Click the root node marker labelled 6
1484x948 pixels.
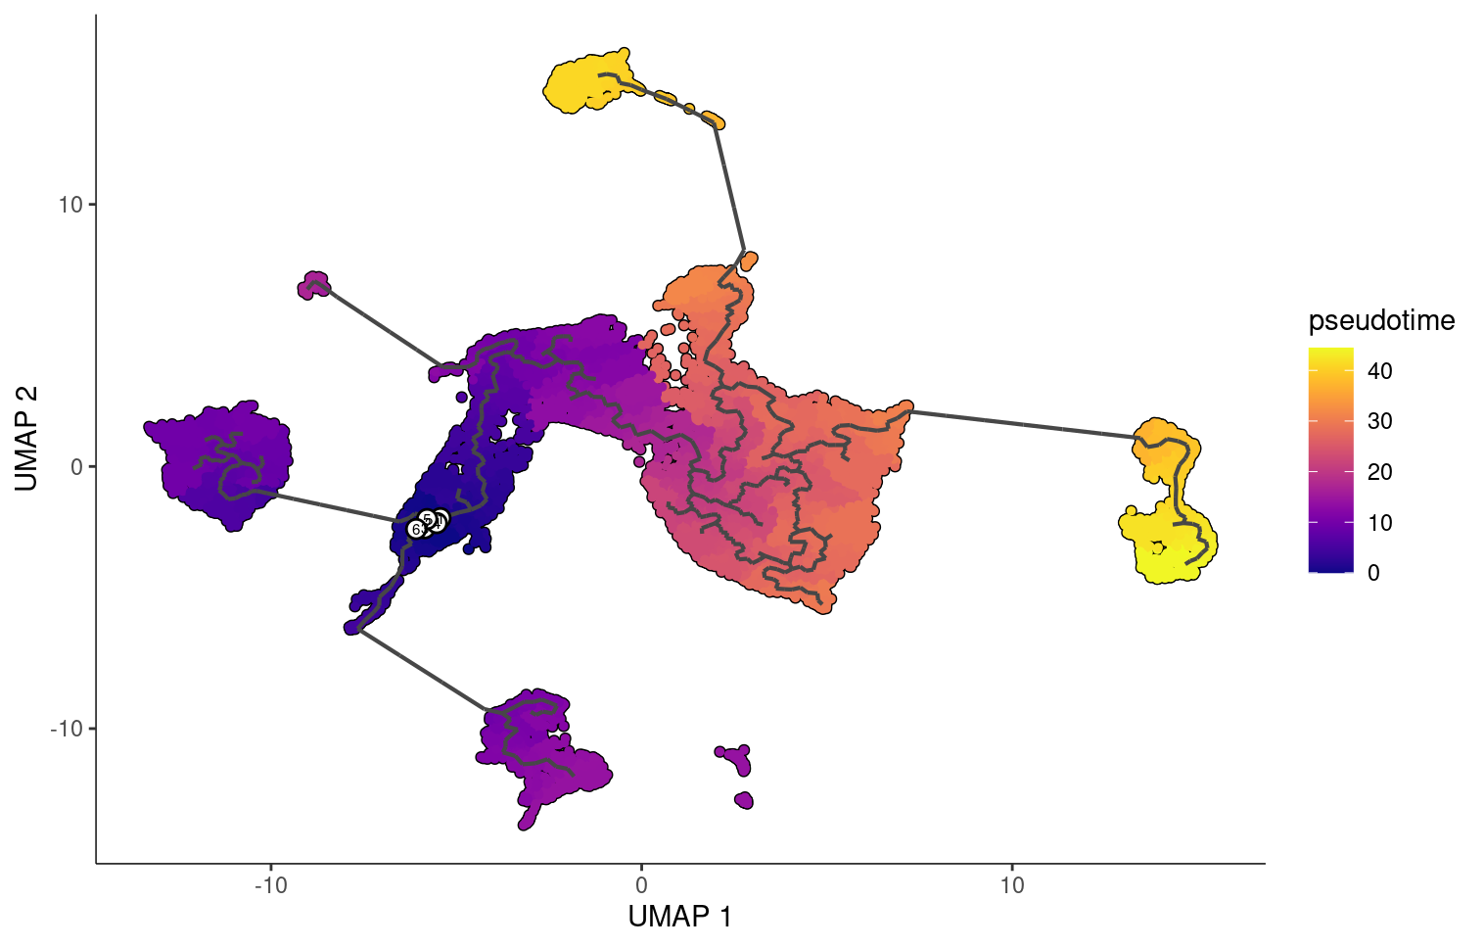tap(415, 529)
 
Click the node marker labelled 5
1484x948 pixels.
tap(427, 518)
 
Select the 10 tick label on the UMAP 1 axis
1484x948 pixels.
tap(1012, 885)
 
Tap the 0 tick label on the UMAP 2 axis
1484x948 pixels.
tap(76, 466)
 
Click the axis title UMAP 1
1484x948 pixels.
tap(679, 917)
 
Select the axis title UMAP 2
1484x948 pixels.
tap(26, 438)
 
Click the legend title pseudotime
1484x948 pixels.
tap(1381, 320)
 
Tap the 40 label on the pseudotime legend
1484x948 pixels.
tap(1379, 371)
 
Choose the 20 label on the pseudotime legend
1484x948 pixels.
tap(1379, 472)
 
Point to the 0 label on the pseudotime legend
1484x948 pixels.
tap(1373, 573)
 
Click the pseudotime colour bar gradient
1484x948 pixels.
tap(1330, 459)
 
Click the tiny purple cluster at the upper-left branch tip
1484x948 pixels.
tap(314, 285)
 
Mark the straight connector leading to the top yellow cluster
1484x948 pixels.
tap(729, 186)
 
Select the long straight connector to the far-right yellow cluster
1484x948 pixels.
tap(1023, 424)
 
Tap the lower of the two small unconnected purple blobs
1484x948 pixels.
tap(744, 800)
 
